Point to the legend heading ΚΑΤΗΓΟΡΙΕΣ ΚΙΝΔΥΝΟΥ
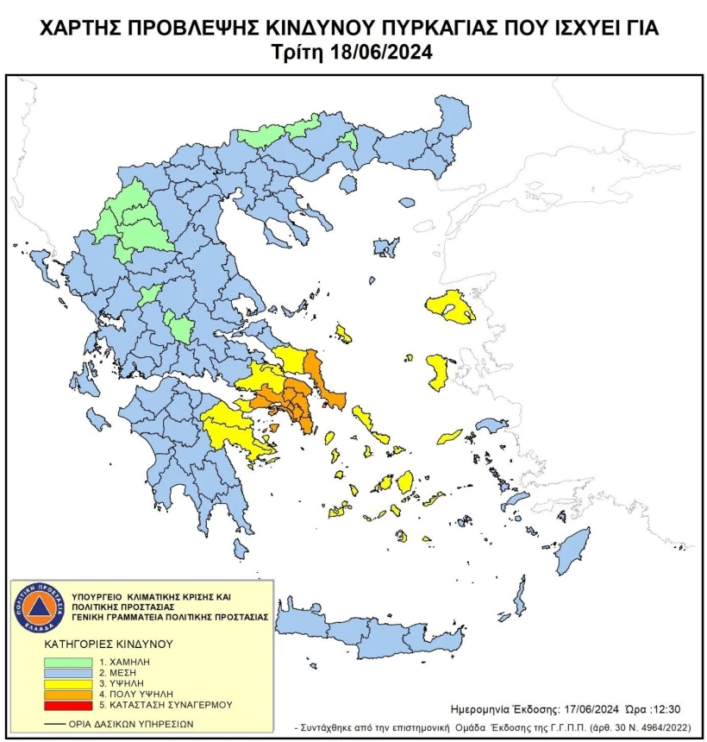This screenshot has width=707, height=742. click(x=109, y=644)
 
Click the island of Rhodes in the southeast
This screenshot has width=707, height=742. click(x=571, y=551)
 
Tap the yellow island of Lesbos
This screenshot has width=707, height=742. click(x=450, y=306)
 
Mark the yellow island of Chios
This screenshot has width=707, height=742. click(x=438, y=370)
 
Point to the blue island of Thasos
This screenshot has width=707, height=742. click(x=348, y=184)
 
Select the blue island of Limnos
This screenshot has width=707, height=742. click(x=386, y=247)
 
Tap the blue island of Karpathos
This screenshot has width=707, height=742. click(x=520, y=596)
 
